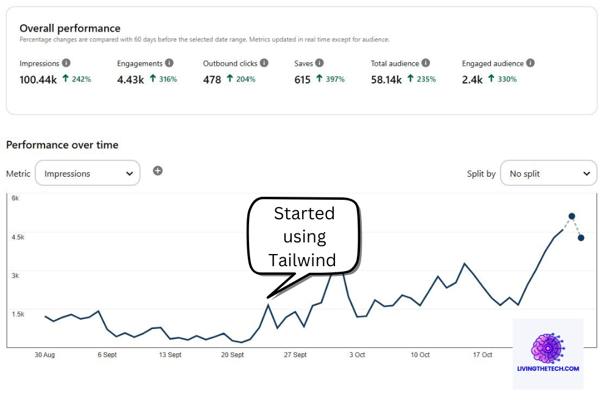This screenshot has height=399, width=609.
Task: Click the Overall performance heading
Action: click(70, 28)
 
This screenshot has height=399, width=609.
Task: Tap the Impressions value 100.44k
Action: click(37, 79)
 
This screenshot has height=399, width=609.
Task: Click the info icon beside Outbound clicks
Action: click(263, 63)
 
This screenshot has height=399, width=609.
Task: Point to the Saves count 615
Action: click(303, 79)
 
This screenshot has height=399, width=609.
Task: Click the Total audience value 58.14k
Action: click(386, 79)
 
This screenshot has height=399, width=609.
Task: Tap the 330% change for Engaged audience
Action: click(505, 79)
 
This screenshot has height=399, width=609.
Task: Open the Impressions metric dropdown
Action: click(88, 174)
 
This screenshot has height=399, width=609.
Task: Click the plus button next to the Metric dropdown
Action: click(158, 171)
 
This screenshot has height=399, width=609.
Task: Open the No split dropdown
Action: click(548, 174)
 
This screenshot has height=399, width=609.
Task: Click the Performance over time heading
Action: click(62, 145)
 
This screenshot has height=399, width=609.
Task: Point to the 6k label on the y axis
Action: click(15, 199)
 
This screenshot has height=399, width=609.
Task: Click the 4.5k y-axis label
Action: click(18, 237)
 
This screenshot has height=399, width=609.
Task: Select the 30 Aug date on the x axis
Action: click(44, 355)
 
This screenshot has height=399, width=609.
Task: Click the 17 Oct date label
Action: click(482, 355)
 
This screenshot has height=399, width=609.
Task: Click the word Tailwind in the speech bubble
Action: click(303, 260)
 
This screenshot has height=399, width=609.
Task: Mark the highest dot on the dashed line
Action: click(572, 216)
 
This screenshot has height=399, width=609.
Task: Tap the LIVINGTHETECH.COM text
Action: click(548, 369)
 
